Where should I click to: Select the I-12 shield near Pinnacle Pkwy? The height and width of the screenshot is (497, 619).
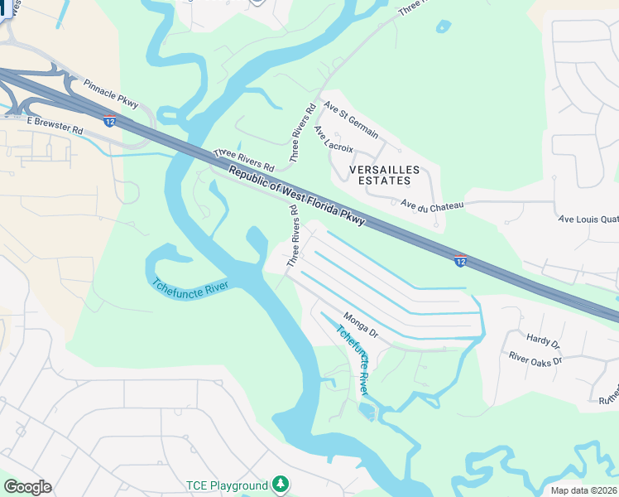109,122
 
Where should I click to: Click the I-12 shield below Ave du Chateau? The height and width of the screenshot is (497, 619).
460,261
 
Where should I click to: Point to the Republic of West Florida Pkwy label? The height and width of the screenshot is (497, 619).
296,195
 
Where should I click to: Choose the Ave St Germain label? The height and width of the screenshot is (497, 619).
351,121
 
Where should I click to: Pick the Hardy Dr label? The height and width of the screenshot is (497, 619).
544,341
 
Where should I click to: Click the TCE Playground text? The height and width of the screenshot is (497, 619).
225,485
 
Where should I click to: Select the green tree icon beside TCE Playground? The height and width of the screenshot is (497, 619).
282,484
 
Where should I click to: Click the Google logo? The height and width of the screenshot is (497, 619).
27,486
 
